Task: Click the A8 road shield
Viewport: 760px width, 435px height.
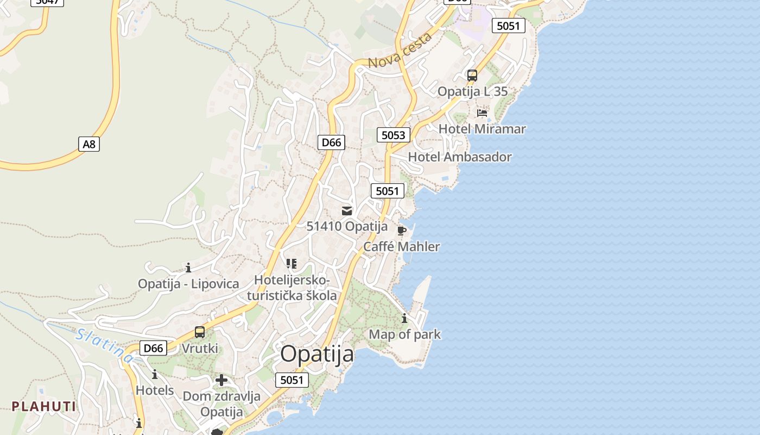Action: [89, 144]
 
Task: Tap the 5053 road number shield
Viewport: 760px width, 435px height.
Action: [394, 135]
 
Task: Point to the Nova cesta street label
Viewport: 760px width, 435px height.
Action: [400, 51]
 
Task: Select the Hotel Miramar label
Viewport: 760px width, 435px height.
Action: [482, 129]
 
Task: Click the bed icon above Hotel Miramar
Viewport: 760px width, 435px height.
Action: [482, 113]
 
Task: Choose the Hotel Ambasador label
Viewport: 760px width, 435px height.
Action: [460, 157]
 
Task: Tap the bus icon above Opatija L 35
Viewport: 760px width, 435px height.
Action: [472, 76]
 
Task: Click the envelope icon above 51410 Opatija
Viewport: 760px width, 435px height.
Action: [347, 211]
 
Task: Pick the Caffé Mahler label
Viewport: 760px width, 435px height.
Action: [401, 246]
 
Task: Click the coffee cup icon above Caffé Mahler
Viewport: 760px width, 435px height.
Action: [402, 231]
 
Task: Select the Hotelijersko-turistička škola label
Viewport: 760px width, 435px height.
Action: [292, 288]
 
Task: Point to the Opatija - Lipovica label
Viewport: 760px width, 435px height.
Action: [188, 284]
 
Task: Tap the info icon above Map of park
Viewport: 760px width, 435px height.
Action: [404, 319]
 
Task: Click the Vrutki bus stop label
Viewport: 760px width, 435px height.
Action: [200, 348]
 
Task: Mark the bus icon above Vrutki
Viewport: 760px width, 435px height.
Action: [200, 332]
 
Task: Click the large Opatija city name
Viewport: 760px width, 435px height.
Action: [317, 354]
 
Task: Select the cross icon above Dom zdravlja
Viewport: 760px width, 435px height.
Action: [221, 380]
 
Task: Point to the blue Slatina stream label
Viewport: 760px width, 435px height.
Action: [104, 346]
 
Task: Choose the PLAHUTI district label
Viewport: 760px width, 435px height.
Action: [44, 406]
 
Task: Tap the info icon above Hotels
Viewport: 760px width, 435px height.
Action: [155, 375]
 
